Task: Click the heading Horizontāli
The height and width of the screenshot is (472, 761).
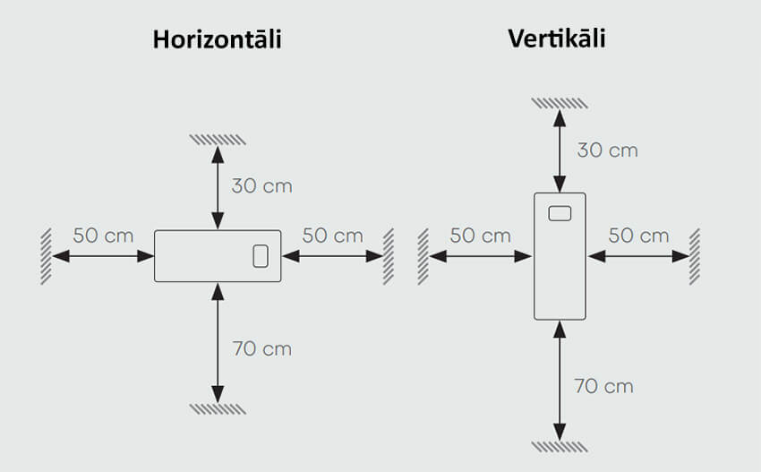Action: pyautogui.click(x=217, y=39)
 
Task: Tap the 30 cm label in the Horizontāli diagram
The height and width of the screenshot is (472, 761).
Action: pyautogui.click(x=261, y=186)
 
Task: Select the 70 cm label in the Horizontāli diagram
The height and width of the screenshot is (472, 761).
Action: pyautogui.click(x=261, y=348)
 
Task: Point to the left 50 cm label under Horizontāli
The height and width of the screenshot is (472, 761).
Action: pyautogui.click(x=103, y=236)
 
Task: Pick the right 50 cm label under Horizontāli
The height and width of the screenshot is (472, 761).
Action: pyautogui.click(x=332, y=236)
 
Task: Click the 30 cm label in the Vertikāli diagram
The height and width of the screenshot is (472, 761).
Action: pyautogui.click(x=607, y=150)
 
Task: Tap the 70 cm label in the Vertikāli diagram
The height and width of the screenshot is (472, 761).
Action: pyautogui.click(x=603, y=387)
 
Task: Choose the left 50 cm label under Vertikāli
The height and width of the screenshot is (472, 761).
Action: pyautogui.click(x=480, y=236)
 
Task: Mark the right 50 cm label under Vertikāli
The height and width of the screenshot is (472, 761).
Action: pyautogui.click(x=638, y=236)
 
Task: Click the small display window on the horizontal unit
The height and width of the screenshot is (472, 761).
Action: pyautogui.click(x=261, y=256)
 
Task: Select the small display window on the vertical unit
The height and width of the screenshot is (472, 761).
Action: pyautogui.click(x=560, y=213)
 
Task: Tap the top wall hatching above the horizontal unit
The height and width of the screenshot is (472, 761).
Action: pyautogui.click(x=218, y=139)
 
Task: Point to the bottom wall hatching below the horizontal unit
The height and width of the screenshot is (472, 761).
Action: pyautogui.click(x=218, y=408)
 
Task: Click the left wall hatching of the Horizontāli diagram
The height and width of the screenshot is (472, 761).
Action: pyautogui.click(x=45, y=256)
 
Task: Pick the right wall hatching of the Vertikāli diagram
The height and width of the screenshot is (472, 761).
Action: pyautogui.click(x=695, y=256)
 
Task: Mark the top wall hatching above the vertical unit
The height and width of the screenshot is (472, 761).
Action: pyautogui.click(x=560, y=102)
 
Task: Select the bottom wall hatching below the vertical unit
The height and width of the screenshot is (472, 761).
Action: pyautogui.click(x=560, y=446)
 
